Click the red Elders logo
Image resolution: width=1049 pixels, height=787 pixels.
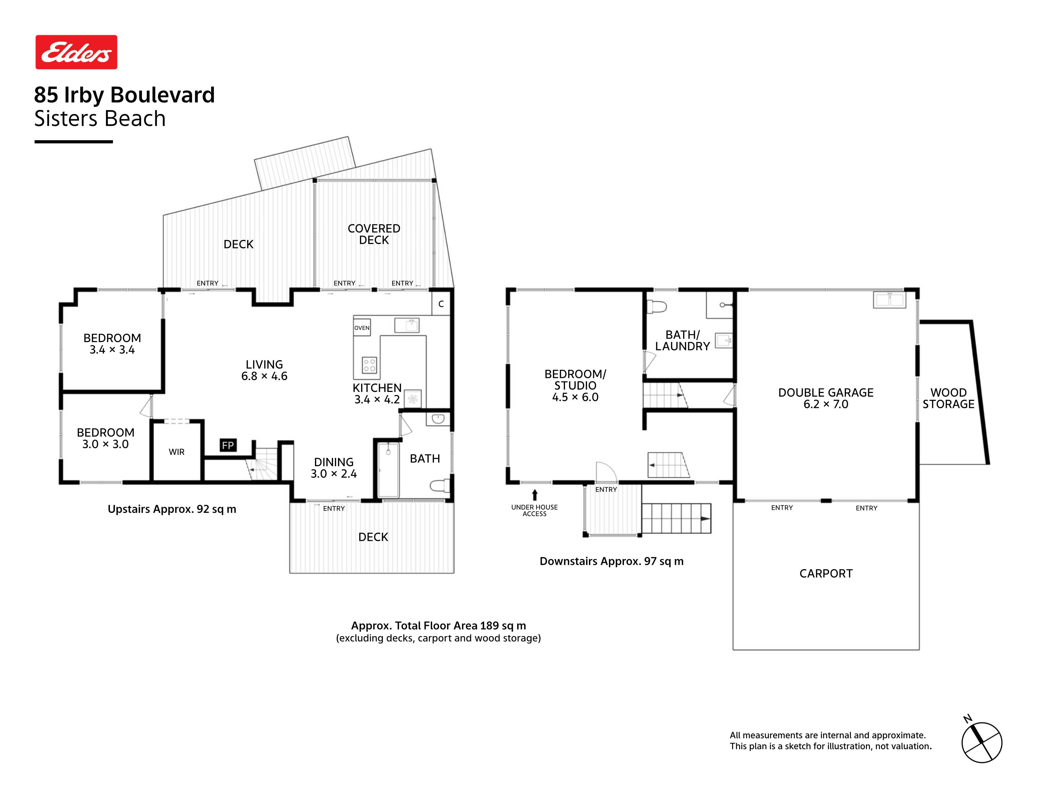pyautogui.click(x=76, y=52)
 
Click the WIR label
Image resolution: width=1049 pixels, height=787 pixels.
pyautogui.click(x=176, y=452)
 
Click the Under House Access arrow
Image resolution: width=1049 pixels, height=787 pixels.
pyautogui.click(x=535, y=495)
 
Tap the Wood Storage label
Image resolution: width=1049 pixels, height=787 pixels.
pyautogui.click(x=949, y=398)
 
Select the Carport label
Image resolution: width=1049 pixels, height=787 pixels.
pyautogui.click(x=826, y=573)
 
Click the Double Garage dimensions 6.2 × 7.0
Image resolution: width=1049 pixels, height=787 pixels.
pyautogui.click(x=826, y=404)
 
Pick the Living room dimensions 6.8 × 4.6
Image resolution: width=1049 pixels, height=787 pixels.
pyautogui.click(x=264, y=376)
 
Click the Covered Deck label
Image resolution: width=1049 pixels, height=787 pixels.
pyautogui.click(x=374, y=234)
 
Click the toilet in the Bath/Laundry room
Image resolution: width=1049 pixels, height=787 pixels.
pyautogui.click(x=657, y=306)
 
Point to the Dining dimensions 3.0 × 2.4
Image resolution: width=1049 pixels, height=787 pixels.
pyautogui.click(x=334, y=474)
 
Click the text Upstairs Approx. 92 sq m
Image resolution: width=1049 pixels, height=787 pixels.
pyautogui.click(x=172, y=509)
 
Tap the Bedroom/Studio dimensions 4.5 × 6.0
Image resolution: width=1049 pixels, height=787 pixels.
pyautogui.click(x=575, y=397)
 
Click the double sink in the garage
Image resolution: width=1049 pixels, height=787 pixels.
pyautogui.click(x=890, y=300)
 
